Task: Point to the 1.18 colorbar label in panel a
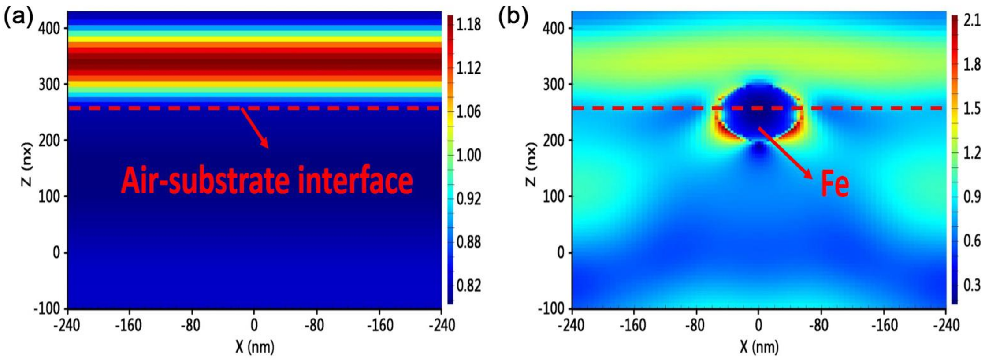468,24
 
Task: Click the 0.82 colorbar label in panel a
468,286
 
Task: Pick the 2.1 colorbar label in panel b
972,21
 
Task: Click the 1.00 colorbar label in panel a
468,155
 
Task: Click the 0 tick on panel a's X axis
254,325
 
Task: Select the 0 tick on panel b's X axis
758,325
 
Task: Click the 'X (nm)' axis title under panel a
255,347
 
